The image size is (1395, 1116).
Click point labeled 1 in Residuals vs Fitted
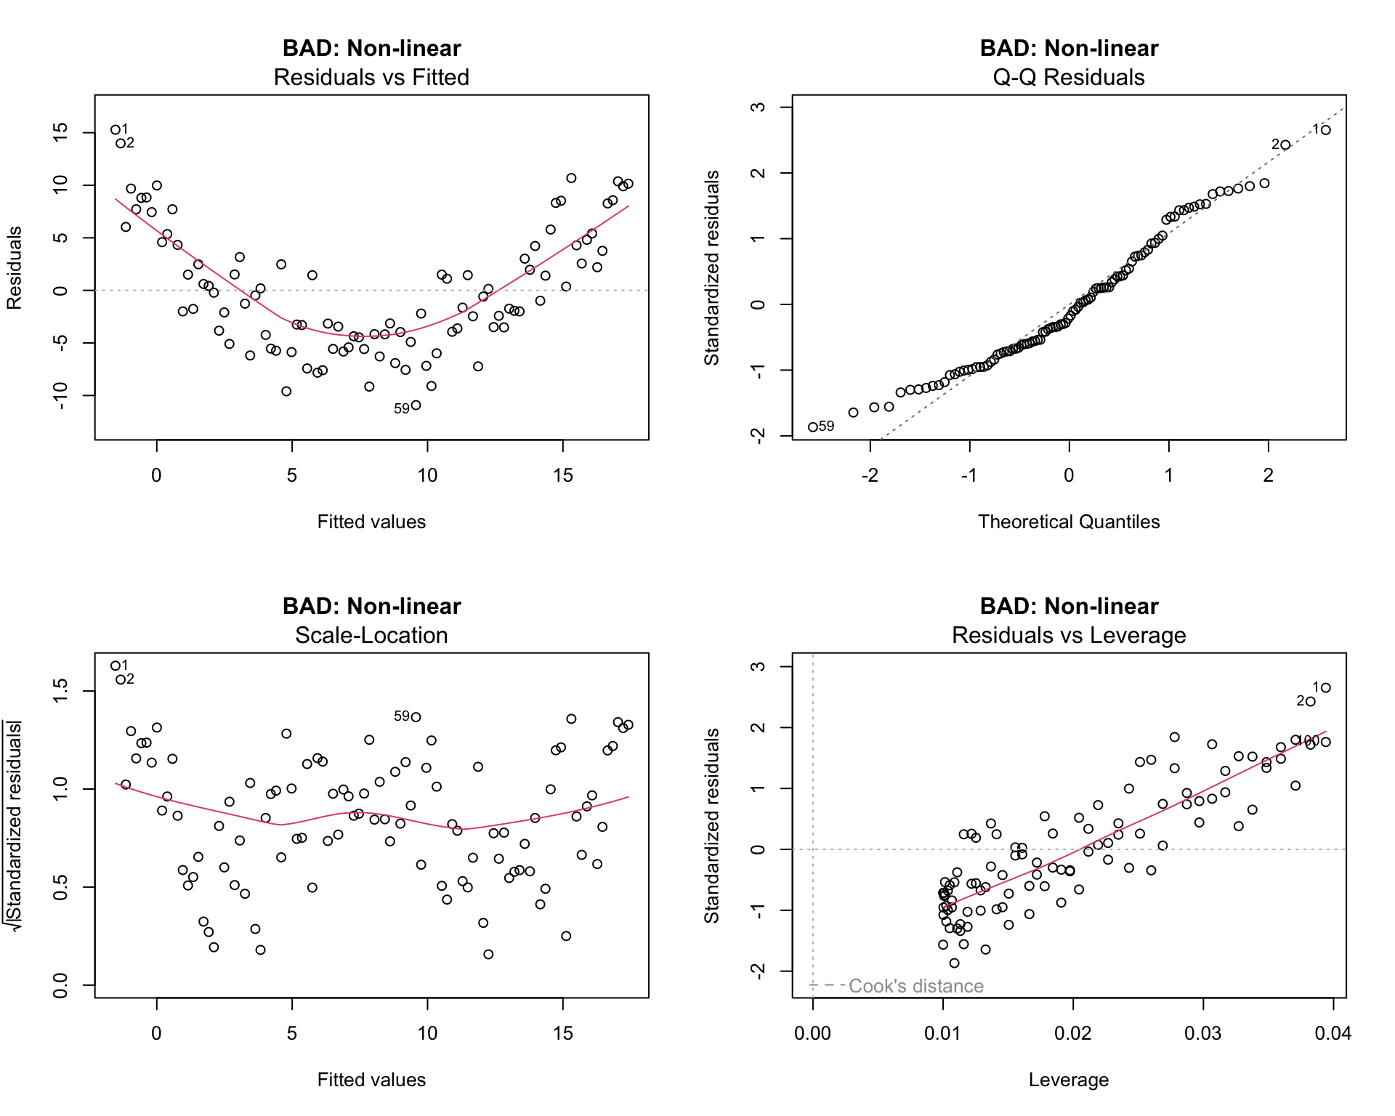(x=116, y=130)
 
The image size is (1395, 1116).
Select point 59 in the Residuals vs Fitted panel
(x=416, y=405)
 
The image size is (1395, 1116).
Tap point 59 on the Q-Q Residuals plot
(x=813, y=427)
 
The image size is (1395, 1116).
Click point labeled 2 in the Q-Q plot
(x=1285, y=145)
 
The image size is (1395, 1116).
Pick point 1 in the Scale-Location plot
(x=116, y=666)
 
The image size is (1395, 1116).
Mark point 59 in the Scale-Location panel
(x=416, y=717)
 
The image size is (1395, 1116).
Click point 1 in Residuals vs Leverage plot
(x=1326, y=687)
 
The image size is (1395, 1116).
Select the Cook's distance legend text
(x=915, y=986)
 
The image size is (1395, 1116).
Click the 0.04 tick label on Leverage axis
(x=1333, y=1033)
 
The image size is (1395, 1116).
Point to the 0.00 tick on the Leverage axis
(x=812, y=1033)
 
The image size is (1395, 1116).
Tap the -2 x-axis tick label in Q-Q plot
(x=870, y=475)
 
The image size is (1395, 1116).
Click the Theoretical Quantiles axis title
(x=1069, y=522)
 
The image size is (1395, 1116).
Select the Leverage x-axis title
(x=1069, y=1080)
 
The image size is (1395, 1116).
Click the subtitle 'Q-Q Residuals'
(x=1069, y=77)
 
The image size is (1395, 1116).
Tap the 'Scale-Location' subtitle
(x=371, y=635)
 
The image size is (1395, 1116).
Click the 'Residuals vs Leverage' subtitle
(x=1069, y=635)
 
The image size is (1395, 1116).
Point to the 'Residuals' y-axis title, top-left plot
(x=15, y=267)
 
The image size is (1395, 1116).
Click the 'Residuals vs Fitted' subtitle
(x=371, y=77)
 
